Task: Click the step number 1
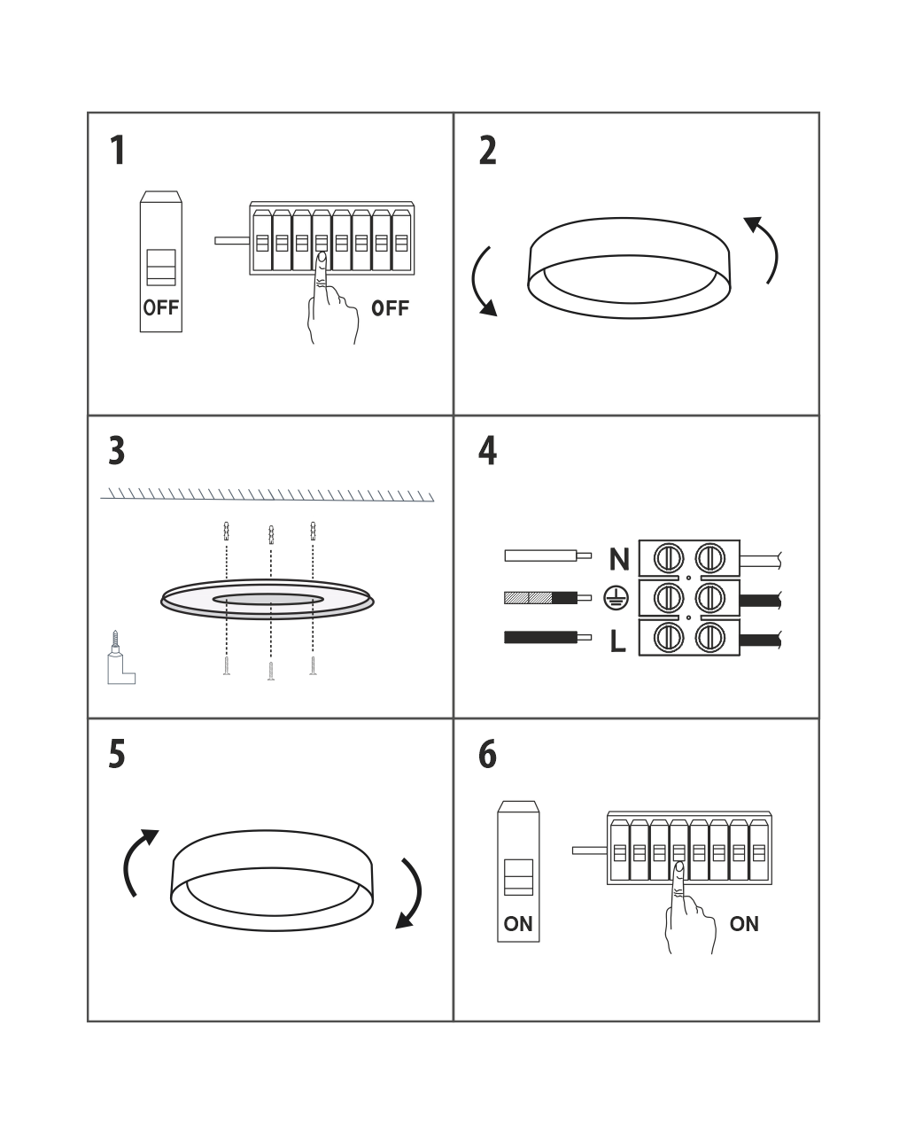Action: point(118,151)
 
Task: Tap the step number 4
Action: point(487,451)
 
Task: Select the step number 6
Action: point(487,754)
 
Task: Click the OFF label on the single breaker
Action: point(160,307)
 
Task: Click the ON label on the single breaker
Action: point(518,924)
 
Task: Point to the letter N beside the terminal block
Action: point(619,559)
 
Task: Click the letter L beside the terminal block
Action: point(617,641)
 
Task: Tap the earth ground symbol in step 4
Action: point(616,597)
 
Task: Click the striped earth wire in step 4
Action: point(547,598)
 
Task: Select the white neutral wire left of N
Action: point(547,555)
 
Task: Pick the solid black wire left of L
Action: point(547,637)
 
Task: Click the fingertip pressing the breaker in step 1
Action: point(322,257)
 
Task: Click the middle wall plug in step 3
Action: point(271,534)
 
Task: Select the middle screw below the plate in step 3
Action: point(271,671)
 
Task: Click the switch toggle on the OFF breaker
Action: point(160,268)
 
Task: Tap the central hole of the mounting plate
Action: point(267,599)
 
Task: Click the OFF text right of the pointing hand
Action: point(390,308)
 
